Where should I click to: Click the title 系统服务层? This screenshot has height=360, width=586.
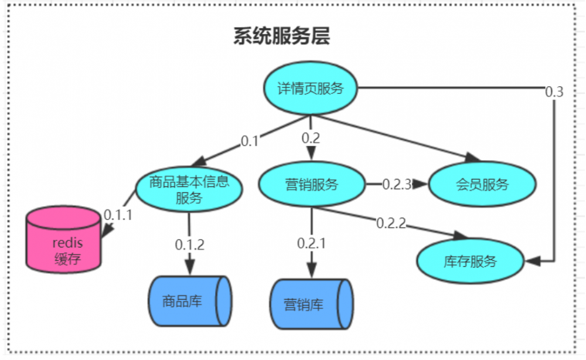point(281,36)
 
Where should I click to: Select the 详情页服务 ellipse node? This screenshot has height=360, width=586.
point(310,89)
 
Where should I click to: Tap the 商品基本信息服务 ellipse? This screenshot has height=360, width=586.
point(189,189)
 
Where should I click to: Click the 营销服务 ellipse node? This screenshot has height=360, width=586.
point(311,185)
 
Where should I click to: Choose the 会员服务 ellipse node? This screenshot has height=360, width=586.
point(482,185)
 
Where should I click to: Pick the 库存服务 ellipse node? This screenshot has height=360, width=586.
point(469,260)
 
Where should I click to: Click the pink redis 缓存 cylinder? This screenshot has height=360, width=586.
point(63,240)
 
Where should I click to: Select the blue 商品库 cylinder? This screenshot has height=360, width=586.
point(189,301)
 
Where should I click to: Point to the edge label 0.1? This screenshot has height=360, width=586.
point(250,141)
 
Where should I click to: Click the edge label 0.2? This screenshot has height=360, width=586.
point(311,138)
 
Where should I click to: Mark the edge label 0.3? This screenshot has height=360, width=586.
point(554,92)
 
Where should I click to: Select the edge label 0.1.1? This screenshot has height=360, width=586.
point(118,215)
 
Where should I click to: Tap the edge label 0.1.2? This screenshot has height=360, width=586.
point(190,244)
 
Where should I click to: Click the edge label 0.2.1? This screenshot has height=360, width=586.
point(311,243)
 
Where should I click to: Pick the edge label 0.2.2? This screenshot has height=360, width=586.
point(391,223)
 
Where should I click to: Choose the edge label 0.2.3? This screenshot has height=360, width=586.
point(398,184)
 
